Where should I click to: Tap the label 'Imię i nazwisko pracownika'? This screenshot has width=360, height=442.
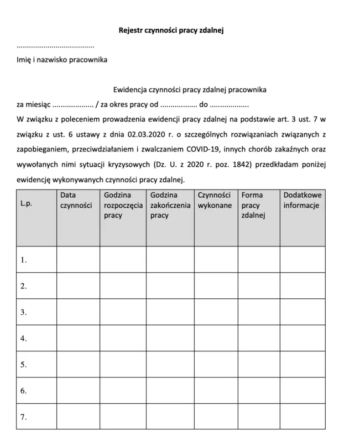tap(62, 60)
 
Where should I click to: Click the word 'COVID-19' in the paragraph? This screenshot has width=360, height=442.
tap(202, 149)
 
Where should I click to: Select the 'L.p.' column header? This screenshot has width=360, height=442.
tap(27, 203)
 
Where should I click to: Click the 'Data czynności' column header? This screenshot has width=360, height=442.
tap(76, 200)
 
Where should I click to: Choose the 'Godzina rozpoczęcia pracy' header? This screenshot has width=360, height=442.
tap(123, 205)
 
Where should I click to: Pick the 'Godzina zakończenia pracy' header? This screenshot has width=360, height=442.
tap(169, 205)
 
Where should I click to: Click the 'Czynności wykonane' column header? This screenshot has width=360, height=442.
tap(215, 200)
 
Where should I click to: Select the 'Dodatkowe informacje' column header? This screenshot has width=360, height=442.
tap(302, 200)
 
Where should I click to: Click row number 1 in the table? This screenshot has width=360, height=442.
tap(24, 260)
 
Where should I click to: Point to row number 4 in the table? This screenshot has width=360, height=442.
tap(24, 338)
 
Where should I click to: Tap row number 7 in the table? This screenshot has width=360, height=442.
tap(24, 417)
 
